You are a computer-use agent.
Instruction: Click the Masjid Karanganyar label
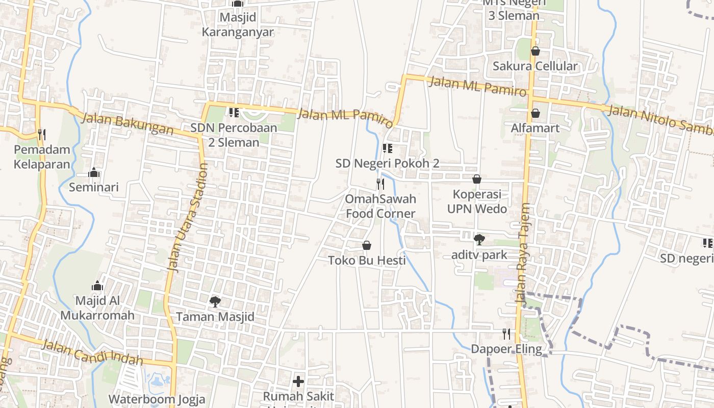238,24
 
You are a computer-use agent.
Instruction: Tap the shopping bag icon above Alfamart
535,113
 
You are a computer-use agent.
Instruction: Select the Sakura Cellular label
535,66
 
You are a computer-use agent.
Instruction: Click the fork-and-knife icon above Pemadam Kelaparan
42,135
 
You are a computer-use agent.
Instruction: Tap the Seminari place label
94,187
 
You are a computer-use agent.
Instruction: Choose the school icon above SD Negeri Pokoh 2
388,148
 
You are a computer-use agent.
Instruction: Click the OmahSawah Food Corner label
381,206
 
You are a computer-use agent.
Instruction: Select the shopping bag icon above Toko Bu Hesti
367,246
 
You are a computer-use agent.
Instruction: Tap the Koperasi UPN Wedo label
477,201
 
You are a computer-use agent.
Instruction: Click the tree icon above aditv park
479,239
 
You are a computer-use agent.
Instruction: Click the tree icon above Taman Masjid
215,302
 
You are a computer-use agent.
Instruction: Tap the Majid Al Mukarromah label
97,308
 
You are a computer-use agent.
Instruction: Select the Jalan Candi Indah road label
92,352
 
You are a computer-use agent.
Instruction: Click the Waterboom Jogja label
157,399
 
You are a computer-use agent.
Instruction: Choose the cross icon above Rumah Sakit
298,381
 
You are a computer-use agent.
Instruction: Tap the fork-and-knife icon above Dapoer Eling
506,334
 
